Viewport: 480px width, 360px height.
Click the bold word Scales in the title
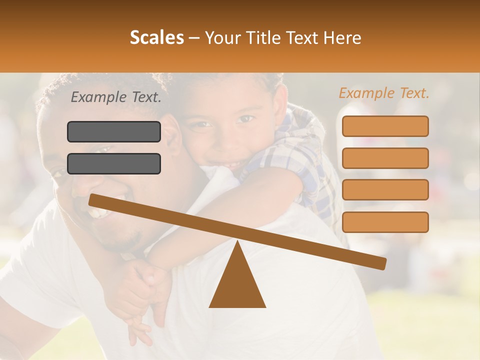[156, 38]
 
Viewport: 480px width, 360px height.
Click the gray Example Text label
[116, 97]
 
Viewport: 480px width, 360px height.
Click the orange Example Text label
[384, 93]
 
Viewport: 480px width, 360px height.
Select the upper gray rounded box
[114, 131]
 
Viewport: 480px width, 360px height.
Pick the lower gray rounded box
[114, 163]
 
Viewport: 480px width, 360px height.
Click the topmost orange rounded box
[385, 126]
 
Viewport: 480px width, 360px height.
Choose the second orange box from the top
[385, 158]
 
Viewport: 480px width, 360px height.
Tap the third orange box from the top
[385, 190]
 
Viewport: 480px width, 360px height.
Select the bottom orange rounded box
[385, 222]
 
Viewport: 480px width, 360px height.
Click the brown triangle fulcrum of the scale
[237, 280]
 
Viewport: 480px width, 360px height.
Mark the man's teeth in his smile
[97, 212]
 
